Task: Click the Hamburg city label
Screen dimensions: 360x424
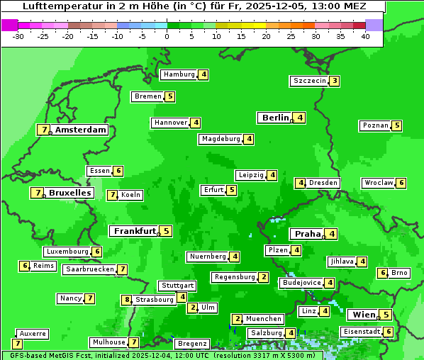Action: [x=179, y=74]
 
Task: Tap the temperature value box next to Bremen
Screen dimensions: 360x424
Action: [x=169, y=96]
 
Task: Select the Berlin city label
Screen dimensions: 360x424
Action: [x=275, y=118]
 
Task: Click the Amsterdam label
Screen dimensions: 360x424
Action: [x=81, y=130]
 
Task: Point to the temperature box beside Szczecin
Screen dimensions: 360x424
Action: [x=334, y=81]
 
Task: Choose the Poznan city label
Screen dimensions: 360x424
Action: [x=375, y=126]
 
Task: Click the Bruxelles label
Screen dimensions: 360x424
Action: [x=69, y=193]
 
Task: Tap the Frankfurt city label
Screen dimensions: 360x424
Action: [x=135, y=231]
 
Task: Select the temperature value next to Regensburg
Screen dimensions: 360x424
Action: [x=264, y=277]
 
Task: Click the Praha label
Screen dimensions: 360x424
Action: [x=308, y=234]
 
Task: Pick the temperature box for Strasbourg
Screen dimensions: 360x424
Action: [x=128, y=300]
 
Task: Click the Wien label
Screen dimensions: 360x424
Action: [x=363, y=315]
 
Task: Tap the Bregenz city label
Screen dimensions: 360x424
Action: [x=191, y=344]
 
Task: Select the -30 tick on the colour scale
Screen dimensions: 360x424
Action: [x=18, y=36]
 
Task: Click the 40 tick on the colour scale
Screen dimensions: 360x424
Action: [x=365, y=36]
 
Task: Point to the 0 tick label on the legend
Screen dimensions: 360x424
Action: [x=167, y=36]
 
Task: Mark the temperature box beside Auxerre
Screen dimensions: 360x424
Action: [x=17, y=344]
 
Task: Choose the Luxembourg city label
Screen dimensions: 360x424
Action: [x=67, y=252]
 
